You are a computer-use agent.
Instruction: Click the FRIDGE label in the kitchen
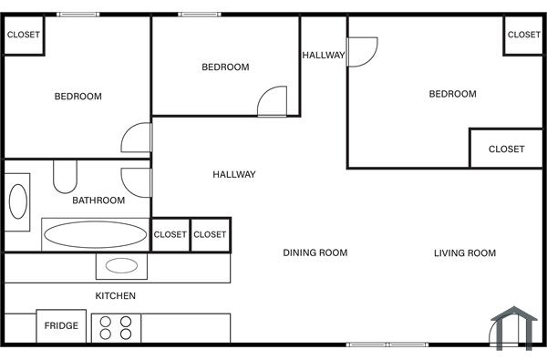(x=61, y=325)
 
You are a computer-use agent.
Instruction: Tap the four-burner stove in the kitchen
(x=117, y=327)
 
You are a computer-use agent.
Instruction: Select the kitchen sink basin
(x=121, y=266)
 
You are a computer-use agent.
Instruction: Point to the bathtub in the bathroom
(x=96, y=234)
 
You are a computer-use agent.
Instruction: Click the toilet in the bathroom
(x=66, y=175)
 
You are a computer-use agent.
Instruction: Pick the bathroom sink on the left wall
(x=18, y=201)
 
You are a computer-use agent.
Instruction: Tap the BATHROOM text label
(x=98, y=201)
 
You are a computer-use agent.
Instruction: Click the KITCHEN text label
(x=116, y=295)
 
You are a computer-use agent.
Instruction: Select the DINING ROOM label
(x=315, y=252)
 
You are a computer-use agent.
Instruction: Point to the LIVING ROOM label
(x=465, y=252)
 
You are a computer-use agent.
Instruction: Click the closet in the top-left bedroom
(x=24, y=35)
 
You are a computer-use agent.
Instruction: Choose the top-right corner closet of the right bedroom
(x=523, y=35)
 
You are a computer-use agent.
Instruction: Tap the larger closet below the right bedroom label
(x=506, y=149)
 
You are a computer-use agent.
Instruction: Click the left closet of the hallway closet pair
(x=170, y=234)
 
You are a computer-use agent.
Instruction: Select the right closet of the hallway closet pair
(x=210, y=234)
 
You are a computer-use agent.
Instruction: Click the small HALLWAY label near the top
(x=324, y=55)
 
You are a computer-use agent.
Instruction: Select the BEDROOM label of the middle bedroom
(x=225, y=67)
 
